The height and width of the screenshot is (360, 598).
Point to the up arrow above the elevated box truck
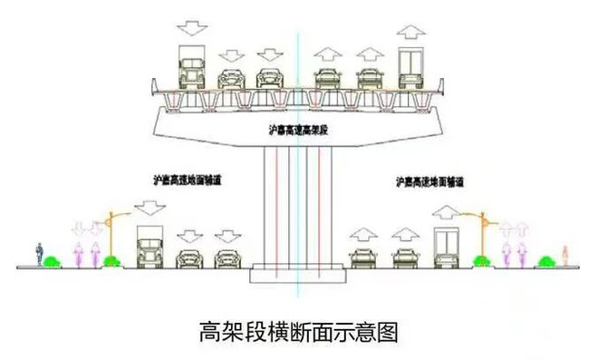410,32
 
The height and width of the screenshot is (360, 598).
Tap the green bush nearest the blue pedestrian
53,262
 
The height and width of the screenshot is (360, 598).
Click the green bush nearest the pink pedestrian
545,262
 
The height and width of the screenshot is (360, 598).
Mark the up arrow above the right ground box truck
447,214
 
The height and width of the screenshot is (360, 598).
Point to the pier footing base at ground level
298,271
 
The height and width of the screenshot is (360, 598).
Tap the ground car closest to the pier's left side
227,258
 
